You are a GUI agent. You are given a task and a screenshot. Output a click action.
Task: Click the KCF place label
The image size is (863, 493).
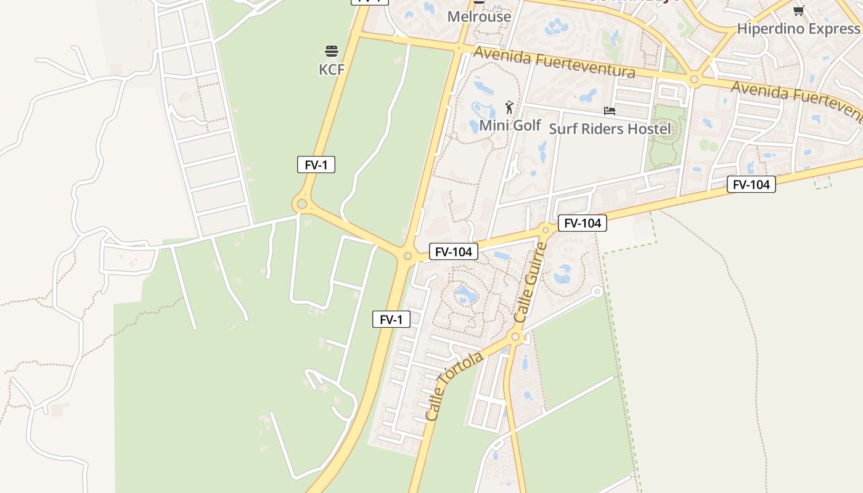(331, 70)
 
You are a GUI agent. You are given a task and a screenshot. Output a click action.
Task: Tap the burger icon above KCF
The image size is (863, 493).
(332, 51)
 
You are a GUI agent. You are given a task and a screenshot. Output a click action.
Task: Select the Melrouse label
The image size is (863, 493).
(479, 17)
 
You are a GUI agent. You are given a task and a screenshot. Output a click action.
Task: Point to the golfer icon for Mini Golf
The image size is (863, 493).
(509, 108)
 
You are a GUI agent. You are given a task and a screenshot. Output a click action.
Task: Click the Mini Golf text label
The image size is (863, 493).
(510, 126)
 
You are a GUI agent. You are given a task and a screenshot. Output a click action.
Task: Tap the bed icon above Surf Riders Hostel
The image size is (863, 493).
(610, 111)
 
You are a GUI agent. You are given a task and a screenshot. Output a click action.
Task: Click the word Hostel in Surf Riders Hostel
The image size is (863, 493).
(647, 129)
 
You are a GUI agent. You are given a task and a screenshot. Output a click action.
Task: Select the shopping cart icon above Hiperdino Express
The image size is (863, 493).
(798, 10)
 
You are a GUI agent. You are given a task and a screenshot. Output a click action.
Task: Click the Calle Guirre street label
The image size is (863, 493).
(531, 282)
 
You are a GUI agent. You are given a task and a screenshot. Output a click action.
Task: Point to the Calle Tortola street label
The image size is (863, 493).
(454, 387)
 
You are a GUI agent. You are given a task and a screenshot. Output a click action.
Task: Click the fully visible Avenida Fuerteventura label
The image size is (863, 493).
(554, 63)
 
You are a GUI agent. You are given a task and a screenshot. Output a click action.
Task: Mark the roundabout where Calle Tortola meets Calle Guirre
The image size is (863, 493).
(516, 336)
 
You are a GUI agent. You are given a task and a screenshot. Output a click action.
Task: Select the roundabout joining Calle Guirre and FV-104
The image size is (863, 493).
(546, 230)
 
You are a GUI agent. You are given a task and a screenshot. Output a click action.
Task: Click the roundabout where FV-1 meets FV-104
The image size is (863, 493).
(407, 256)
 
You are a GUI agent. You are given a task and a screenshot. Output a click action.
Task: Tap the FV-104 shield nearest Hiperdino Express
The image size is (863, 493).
(751, 184)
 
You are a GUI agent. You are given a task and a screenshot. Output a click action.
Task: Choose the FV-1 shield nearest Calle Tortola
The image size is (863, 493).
(391, 319)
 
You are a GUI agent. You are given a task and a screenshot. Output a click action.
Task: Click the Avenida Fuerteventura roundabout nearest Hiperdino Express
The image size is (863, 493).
(695, 79)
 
